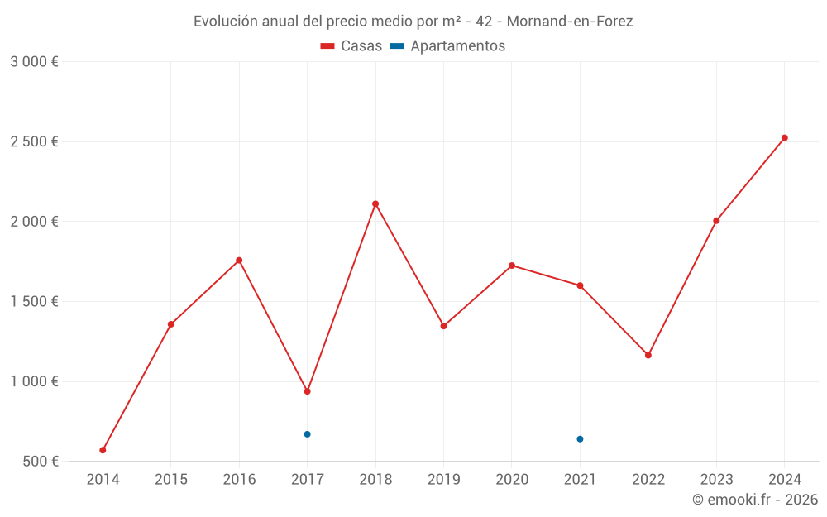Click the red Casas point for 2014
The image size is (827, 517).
103,450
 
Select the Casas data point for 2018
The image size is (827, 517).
375,203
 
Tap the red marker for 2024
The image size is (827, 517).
785,138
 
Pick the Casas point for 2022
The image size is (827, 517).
648,355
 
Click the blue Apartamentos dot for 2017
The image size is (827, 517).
307,434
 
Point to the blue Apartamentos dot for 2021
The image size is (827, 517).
580,439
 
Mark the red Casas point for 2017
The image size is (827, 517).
307,391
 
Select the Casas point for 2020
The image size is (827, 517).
512,266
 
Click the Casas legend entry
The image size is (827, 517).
351,46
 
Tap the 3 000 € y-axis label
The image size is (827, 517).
34,62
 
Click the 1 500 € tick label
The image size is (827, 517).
34,302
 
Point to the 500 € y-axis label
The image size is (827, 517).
40,462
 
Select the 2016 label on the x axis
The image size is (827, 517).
239,480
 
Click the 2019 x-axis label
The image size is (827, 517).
443,480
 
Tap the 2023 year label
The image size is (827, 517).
716,480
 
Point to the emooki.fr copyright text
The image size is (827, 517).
755,500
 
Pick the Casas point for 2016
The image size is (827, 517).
239,261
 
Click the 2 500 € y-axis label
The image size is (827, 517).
34,142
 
